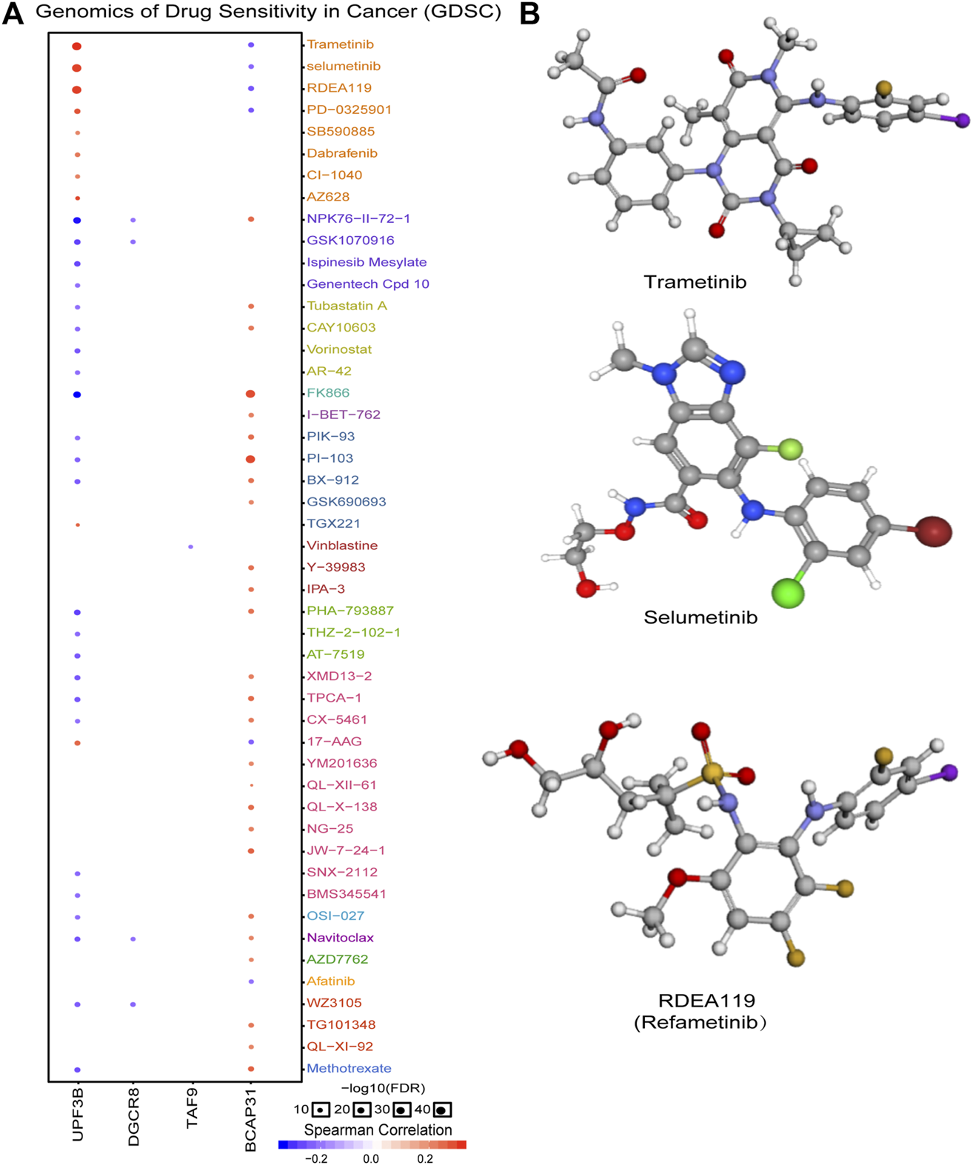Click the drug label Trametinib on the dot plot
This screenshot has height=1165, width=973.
[x=340, y=44]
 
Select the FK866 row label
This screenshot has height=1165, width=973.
[x=328, y=393]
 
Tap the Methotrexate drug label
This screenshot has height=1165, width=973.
[x=349, y=1068]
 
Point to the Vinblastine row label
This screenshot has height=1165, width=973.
[x=342, y=545]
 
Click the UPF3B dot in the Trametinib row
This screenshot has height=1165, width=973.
[x=77, y=47]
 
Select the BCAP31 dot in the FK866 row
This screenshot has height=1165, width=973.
[x=250, y=394]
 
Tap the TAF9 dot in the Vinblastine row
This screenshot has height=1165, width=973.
[x=191, y=547]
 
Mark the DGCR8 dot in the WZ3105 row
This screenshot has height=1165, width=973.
[x=133, y=1004]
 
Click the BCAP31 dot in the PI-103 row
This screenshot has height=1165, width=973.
[x=250, y=459]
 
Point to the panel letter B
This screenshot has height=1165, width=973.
[x=529, y=13]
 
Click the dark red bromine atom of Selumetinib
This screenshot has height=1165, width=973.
[x=933, y=531]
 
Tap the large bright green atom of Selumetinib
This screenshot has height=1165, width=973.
[x=788, y=593]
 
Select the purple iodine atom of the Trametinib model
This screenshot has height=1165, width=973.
[x=962, y=120]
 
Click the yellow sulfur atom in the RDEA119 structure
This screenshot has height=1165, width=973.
[x=712, y=773]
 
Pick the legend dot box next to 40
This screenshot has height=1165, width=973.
[x=442, y=1109]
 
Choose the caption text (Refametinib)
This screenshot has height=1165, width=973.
[x=700, y=1022]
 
